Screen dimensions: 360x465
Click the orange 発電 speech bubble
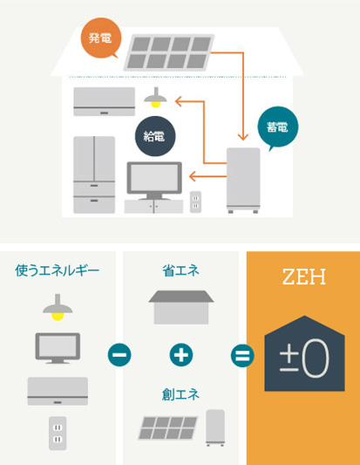pos(101,38)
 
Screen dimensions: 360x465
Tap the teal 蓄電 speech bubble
pos(278,127)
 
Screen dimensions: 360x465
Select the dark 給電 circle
pos(155,136)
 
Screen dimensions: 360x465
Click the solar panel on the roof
pos(169,52)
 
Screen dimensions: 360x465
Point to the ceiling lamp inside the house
pos(155,98)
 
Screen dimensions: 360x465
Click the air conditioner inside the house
pos(105,101)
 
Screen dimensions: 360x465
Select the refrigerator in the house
pos(94,174)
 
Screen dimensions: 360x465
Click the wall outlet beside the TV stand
pos(195,202)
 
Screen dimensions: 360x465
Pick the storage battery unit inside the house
pos(243,180)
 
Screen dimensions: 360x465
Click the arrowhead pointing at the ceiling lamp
pos(179,101)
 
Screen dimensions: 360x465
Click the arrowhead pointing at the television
pos(193,176)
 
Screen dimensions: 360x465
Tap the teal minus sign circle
pos(119,355)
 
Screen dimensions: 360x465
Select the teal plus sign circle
pos(181,355)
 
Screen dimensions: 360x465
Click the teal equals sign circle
pos(242,355)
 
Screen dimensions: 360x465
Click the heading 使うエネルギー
pos(58,270)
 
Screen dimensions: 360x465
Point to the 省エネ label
pos(180,270)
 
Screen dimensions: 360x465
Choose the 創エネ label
pos(180,394)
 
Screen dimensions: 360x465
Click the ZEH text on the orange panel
pos(304,277)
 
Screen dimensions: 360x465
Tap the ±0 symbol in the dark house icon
pos(304,359)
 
